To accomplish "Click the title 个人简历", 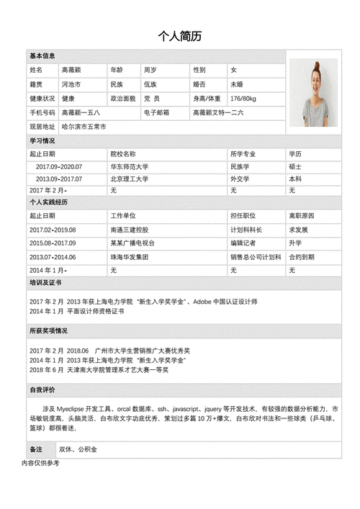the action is coord(179,37).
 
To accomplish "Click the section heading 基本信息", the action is coord(42,56).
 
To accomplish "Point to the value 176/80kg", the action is coord(243,98).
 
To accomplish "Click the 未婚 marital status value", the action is coord(237,84).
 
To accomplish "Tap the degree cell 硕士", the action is coord(295,167).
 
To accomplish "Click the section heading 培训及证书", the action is coord(45,284).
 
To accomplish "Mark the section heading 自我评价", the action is coord(42,389).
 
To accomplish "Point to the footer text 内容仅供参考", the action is coord(40,463).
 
